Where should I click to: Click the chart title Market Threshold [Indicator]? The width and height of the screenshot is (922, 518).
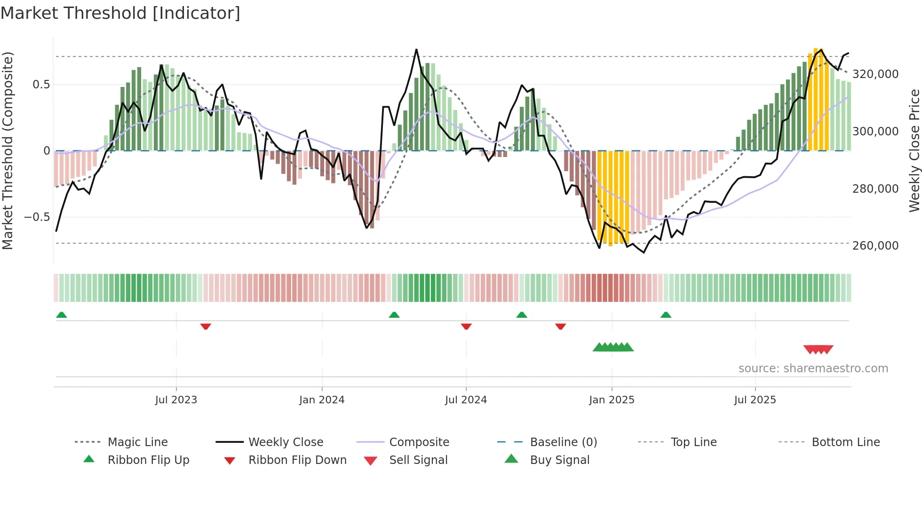[x=120, y=13]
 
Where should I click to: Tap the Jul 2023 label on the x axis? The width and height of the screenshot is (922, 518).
[x=176, y=400]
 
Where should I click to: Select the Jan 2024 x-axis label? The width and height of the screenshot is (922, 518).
[x=322, y=400]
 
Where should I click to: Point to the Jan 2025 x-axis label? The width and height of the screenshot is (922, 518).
[x=612, y=400]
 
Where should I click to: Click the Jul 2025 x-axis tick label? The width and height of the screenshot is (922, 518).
[x=755, y=400]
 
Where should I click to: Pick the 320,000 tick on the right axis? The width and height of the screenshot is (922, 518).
[x=875, y=74]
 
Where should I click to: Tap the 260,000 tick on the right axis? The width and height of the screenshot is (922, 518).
[x=875, y=246]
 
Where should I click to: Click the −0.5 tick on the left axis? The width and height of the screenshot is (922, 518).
[x=37, y=217]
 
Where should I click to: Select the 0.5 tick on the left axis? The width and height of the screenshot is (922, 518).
[x=41, y=85]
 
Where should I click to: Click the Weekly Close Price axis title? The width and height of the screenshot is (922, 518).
[x=914, y=150]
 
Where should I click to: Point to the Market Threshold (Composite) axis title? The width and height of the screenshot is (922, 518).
[x=8, y=150]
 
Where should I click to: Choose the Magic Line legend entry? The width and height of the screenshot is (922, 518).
[x=137, y=442]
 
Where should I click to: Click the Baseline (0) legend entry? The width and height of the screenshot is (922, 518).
[x=563, y=442]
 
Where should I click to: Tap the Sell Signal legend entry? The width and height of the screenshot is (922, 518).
[x=418, y=460]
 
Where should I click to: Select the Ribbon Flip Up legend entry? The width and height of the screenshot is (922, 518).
[x=148, y=460]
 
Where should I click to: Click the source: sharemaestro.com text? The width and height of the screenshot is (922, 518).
[x=813, y=369]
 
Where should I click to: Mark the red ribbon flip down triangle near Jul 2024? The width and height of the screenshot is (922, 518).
[x=466, y=326]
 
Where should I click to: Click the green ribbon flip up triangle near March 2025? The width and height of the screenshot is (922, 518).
[x=666, y=315]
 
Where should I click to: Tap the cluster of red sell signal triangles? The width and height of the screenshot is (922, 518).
[x=819, y=349]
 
